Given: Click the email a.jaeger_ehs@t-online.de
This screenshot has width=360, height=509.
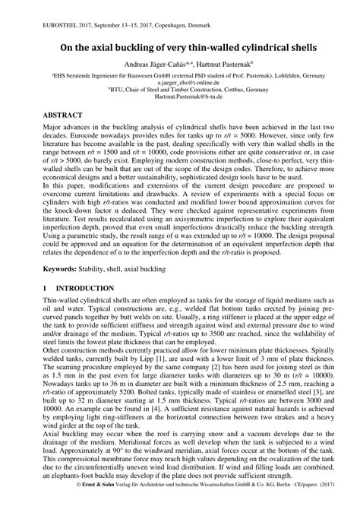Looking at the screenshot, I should (x=179, y=83).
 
